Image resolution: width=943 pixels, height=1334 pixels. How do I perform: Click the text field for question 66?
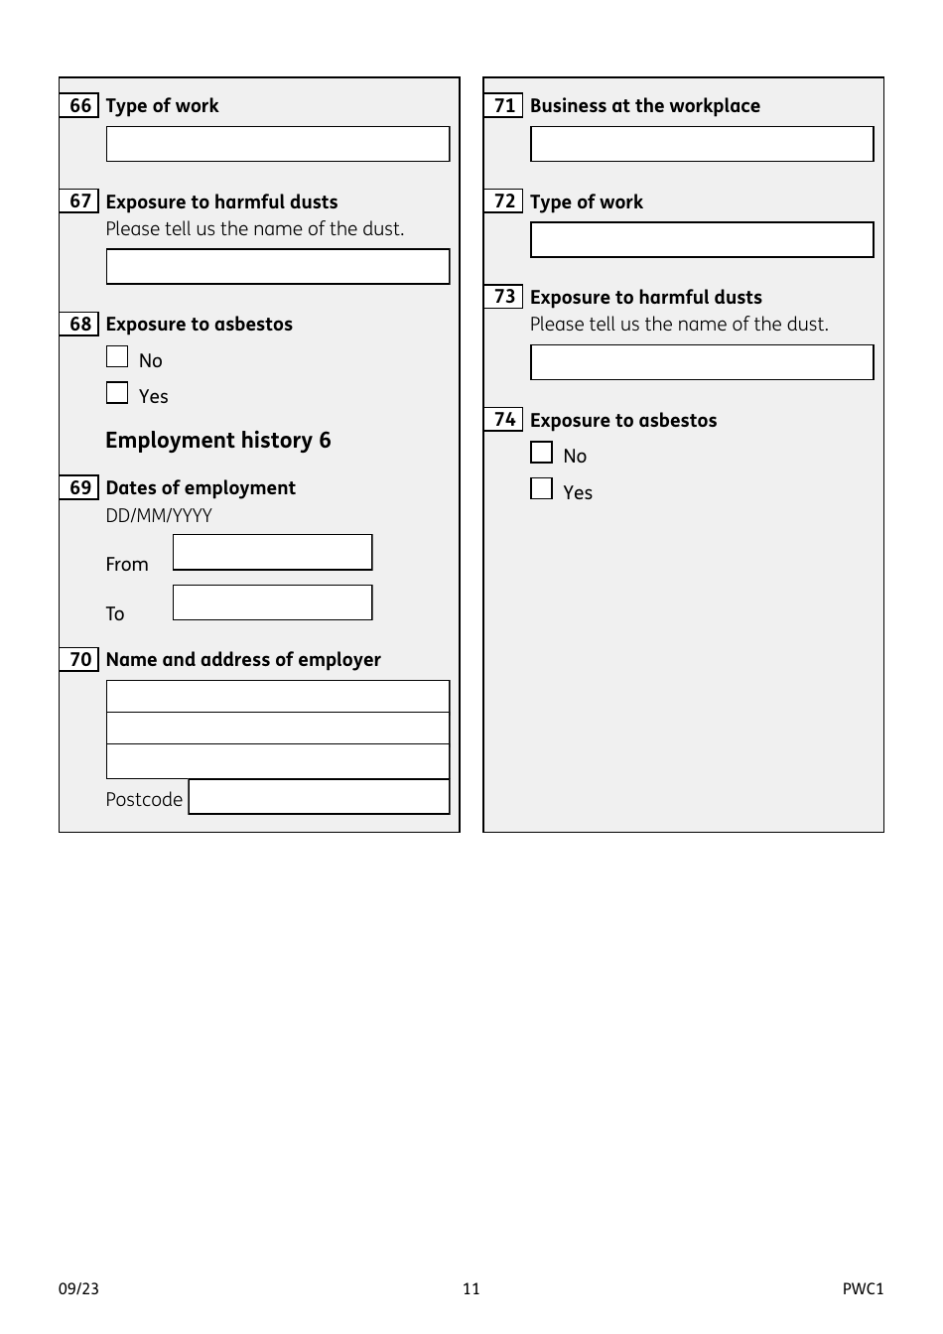tap(277, 144)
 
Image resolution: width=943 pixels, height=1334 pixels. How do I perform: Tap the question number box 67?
tap(79, 201)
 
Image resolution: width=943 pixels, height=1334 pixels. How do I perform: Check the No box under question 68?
tap(117, 357)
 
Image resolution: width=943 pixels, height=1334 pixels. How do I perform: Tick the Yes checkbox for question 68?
tap(117, 393)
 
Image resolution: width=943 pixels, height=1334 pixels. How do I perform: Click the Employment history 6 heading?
tap(218, 441)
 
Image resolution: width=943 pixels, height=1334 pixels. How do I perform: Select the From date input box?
tap(272, 553)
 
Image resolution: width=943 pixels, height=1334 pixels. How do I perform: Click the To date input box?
tap(272, 602)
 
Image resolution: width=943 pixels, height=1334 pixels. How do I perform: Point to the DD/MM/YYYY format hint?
tap(159, 515)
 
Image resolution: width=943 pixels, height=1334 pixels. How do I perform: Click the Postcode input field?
tap(319, 797)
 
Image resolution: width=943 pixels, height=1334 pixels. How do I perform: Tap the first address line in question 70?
tap(277, 697)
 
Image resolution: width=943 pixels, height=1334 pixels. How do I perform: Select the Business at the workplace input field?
tap(702, 144)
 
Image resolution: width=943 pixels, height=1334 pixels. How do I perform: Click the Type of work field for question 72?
tap(702, 240)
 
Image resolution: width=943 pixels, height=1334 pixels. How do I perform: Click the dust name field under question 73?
tap(702, 362)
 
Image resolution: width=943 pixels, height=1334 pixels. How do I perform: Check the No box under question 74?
tap(541, 453)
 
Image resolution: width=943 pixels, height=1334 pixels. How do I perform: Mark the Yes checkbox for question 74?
tap(541, 488)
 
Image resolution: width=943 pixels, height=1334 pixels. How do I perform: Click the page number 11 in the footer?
tap(471, 1289)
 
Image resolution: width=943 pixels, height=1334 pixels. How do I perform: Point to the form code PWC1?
tap(863, 1289)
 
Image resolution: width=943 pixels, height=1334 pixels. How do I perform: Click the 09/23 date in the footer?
tap(78, 1289)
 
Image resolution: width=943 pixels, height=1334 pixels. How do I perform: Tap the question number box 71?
tap(503, 105)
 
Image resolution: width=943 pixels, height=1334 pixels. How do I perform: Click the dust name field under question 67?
tap(277, 267)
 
